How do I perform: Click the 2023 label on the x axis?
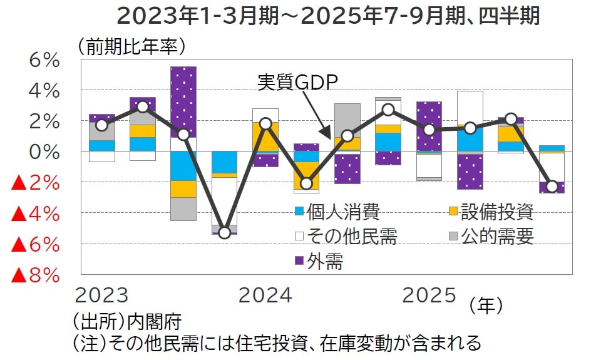pyautogui.click(x=101, y=296)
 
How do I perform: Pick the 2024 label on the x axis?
pyautogui.click(x=265, y=296)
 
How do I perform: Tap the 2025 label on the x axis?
pyautogui.click(x=429, y=296)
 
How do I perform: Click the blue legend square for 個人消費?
pyautogui.click(x=300, y=212)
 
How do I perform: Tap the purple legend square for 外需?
pyautogui.click(x=300, y=261)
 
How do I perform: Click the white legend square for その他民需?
pyautogui.click(x=300, y=237)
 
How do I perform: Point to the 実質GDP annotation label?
pyautogui.click(x=297, y=83)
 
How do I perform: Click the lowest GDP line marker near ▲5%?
pyautogui.click(x=224, y=233)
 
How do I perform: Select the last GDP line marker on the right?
pyautogui.click(x=552, y=186)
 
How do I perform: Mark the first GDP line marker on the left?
pyautogui.click(x=102, y=125)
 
